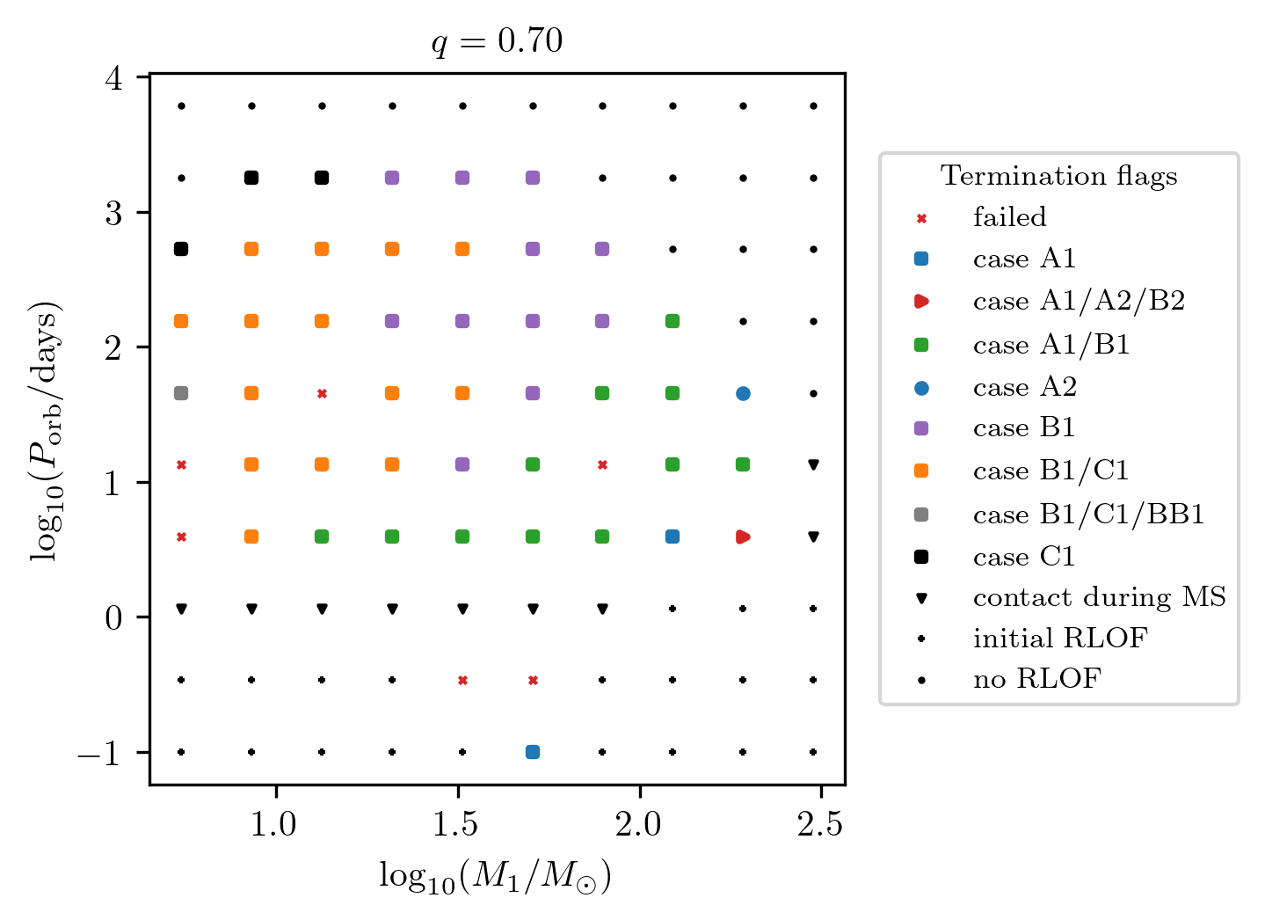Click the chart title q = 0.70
(497, 42)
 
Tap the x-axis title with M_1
(495, 877)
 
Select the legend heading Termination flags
(1058, 176)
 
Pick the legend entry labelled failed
(1009, 217)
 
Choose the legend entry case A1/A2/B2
(1079, 301)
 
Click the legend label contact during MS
(1099, 597)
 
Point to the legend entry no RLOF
(1036, 679)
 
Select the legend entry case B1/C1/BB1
(1088, 515)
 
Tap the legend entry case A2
(1024, 387)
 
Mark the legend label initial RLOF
(1059, 639)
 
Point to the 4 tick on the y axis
(114, 78)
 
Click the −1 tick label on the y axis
(99, 754)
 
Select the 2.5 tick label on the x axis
(819, 826)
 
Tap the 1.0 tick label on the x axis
(276, 826)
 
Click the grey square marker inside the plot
(181, 393)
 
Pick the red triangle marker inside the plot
(743, 537)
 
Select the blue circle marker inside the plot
(743, 393)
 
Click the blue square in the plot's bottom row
(532, 752)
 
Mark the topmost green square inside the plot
(672, 321)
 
